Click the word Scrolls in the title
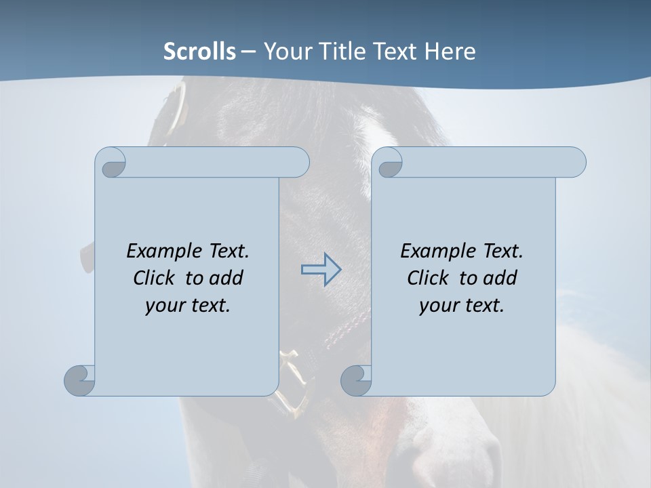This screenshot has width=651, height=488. pyautogui.click(x=199, y=52)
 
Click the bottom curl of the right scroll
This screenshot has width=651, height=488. pyautogui.click(x=355, y=380)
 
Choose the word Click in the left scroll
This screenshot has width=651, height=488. pyautogui.click(x=155, y=278)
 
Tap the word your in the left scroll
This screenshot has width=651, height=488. pyautogui.click(x=164, y=306)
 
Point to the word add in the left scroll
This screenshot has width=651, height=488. pyautogui.click(x=225, y=278)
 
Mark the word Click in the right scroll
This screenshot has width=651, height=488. pyautogui.click(x=428, y=278)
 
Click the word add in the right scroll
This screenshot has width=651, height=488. pyautogui.click(x=499, y=278)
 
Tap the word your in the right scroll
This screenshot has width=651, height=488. pyautogui.click(x=438, y=306)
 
